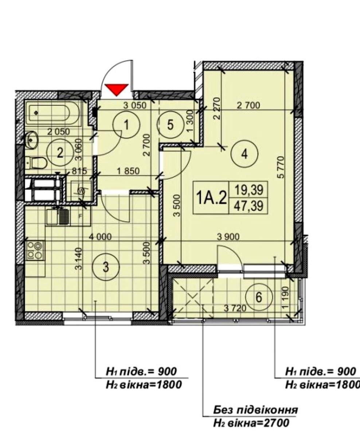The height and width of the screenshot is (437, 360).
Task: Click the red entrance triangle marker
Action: pos(117,89)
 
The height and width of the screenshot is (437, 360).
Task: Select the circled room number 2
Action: pos(60,153)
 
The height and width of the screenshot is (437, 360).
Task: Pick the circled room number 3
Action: pos(106,267)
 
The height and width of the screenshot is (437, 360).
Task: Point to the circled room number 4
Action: pos(244,154)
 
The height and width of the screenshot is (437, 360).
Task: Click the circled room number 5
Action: pos(170,125)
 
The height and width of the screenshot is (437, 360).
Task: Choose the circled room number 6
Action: pos(259,298)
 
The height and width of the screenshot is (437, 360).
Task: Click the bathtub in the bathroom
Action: pos(54,113)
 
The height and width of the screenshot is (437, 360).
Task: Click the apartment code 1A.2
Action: pos(211,198)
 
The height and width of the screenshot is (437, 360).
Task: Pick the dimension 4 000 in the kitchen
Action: pos(100,237)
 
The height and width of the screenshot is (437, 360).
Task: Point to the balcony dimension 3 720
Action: pos(236,308)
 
